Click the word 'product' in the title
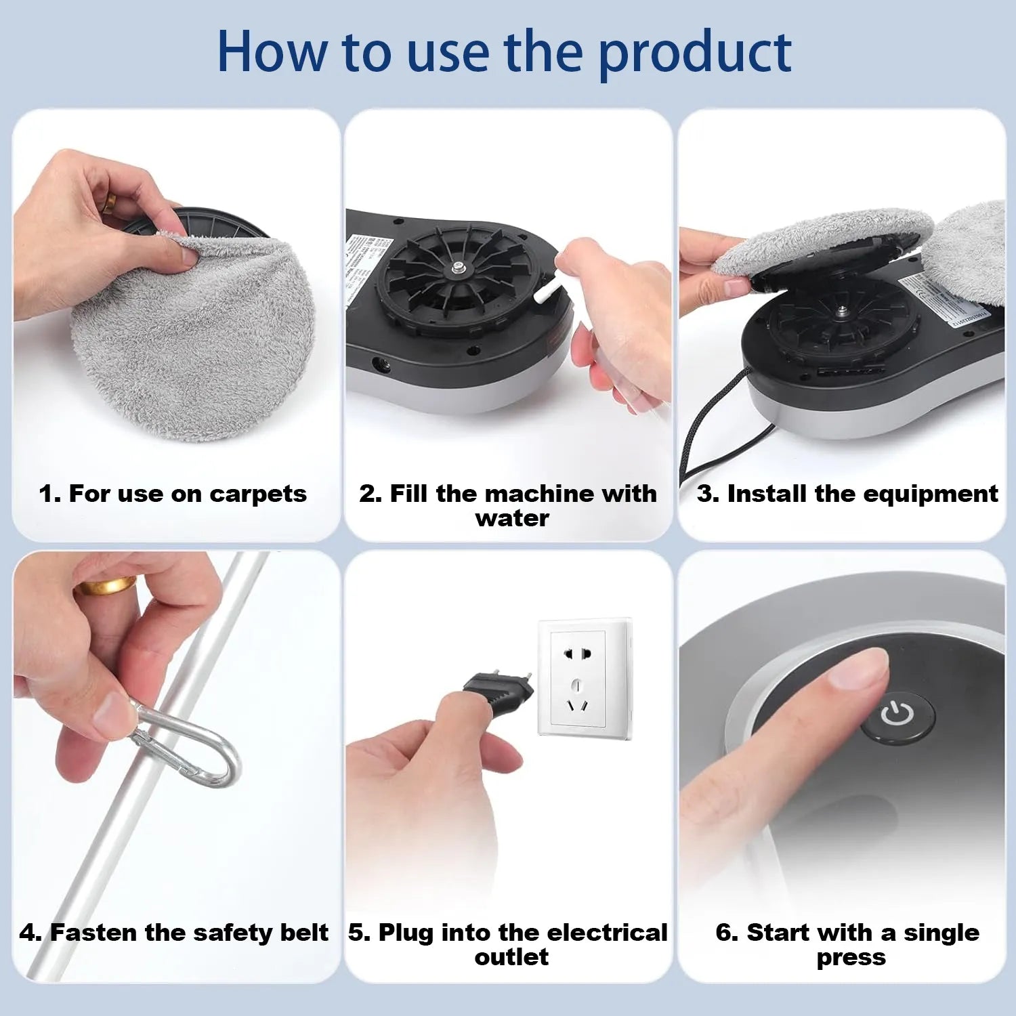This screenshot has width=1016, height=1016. click(695, 53)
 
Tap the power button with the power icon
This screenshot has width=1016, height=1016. click(898, 714)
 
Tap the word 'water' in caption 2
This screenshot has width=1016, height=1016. click(511, 519)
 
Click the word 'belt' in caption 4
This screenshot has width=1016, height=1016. click(304, 933)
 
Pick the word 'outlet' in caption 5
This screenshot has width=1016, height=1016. click(511, 957)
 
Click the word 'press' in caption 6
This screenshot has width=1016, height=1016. click(851, 957)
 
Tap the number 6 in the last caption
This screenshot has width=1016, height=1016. click(724, 933)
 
